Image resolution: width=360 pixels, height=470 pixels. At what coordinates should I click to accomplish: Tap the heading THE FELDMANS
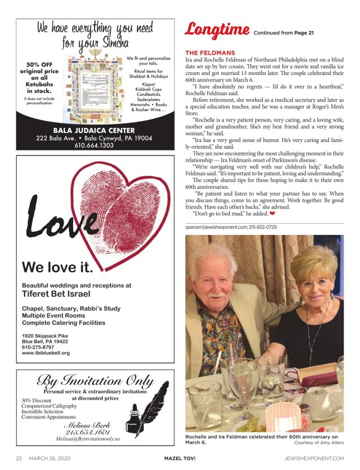tap(210, 53)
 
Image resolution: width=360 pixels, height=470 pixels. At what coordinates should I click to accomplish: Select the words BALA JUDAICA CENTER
tap(94, 131)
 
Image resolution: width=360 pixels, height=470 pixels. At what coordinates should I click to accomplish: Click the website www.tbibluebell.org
tap(46, 353)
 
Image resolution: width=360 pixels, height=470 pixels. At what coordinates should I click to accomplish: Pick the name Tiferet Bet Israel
tap(56, 294)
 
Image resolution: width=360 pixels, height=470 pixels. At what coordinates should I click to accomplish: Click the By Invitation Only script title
tap(95, 382)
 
